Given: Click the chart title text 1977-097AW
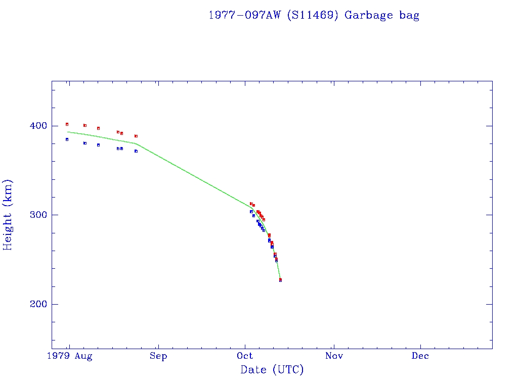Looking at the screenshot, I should point(245,15).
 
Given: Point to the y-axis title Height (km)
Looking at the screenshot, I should point(8,215).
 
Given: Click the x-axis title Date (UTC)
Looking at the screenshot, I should point(272,370).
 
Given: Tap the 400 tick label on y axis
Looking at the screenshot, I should point(39,126).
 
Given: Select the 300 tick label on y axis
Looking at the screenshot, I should point(39,215).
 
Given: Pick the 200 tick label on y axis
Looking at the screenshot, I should point(39,304).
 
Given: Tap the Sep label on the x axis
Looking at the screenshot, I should point(158,356).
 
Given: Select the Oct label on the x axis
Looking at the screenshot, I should point(245,356).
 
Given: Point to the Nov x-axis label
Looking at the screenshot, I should point(334,356).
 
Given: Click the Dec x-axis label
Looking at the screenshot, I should point(420,356).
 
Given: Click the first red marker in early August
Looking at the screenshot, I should point(67,124).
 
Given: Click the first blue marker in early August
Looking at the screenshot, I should point(67,139).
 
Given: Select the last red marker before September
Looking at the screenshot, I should point(136,136).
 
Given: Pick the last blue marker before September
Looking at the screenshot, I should point(136,151).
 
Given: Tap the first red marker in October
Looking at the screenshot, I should point(251,204).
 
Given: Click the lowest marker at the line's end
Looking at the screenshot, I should point(280,280).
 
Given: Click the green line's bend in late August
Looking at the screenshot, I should point(136,143).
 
